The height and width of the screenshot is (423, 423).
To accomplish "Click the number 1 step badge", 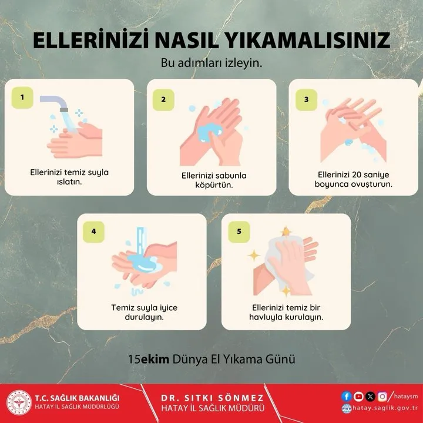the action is tap(22, 98).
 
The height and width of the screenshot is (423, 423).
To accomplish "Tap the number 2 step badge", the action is tap(163, 99).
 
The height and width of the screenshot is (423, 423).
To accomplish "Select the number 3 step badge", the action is tap(306, 99).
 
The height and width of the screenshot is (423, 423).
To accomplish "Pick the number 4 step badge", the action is tap(93, 231).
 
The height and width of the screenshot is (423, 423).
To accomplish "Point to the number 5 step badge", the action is tap(239, 231).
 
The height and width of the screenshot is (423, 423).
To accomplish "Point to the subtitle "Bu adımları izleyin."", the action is tap(211, 63).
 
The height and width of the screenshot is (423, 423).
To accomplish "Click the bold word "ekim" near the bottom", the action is tap(155, 359).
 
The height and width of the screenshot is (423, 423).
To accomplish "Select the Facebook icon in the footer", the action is tap(347, 397).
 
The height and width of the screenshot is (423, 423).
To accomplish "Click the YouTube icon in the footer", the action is tap(358, 397).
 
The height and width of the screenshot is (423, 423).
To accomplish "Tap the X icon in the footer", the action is tap(370, 397).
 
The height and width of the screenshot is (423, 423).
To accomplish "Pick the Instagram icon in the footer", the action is tap(382, 397).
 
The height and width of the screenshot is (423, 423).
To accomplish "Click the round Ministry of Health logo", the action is tap(19, 402).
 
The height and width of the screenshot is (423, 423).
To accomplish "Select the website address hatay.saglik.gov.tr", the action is tap(385, 408).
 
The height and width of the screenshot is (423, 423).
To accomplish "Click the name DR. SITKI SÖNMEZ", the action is tap(212, 398).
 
